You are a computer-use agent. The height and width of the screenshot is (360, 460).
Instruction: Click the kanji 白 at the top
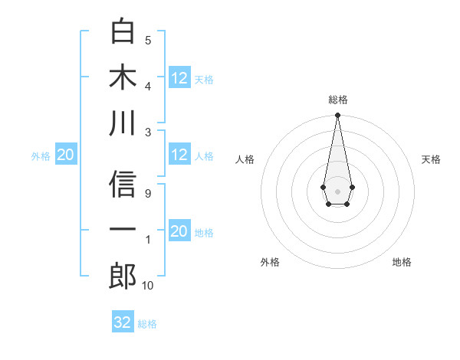123,32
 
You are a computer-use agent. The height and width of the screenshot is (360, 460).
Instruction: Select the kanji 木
123,77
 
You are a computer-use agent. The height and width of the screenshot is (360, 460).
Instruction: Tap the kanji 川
123,123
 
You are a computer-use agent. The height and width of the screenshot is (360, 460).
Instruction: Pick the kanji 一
123,230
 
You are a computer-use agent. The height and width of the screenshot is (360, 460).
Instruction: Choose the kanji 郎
123,275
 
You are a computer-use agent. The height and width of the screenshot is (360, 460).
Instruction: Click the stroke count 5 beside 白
148,40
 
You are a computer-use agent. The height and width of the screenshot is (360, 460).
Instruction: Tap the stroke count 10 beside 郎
148,286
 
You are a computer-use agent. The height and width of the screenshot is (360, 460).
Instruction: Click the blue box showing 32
123,322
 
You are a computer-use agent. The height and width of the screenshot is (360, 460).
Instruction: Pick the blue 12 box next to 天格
179,78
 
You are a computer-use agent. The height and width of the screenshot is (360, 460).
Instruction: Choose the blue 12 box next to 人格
179,155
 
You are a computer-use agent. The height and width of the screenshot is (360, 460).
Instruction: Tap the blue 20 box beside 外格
65,155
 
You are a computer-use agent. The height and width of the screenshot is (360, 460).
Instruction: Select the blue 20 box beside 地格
179,231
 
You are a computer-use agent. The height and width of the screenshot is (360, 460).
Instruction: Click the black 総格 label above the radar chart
337,100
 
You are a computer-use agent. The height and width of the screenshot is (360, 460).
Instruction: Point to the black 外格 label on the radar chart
270,262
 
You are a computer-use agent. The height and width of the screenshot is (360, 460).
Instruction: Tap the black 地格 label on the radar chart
402,262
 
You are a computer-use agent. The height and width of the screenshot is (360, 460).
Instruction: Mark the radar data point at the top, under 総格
337,116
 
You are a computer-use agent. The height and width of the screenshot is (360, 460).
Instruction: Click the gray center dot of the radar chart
337,190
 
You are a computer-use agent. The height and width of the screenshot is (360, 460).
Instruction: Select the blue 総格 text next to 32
147,324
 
